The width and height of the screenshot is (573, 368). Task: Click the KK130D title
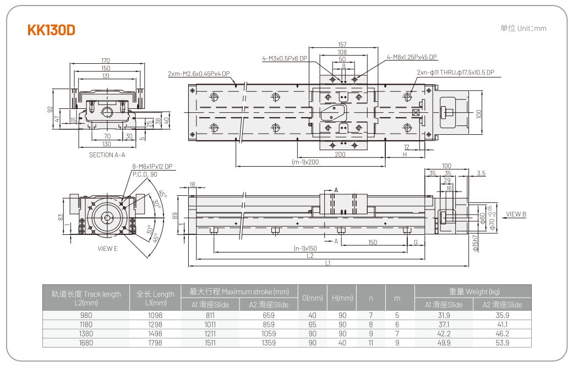pos(51,30)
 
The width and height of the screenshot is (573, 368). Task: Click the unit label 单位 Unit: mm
pos(523,28)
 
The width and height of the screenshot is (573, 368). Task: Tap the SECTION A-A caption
pos(107,155)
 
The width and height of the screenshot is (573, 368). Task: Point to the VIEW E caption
pos(107,249)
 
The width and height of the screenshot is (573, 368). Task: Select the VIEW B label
pos(516,214)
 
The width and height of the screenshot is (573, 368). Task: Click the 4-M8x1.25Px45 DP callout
pos(412,57)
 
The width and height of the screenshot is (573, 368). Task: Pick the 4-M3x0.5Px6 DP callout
pos(285,58)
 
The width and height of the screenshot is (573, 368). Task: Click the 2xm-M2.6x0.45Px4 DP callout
pos(199,73)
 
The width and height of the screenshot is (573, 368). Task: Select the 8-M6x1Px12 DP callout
pos(151,167)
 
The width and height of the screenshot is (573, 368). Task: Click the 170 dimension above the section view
pos(106,61)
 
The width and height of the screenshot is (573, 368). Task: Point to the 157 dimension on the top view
pos(342,45)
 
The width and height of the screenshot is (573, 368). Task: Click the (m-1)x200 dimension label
pos(305,162)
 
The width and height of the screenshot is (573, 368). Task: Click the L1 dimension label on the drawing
pos(328,263)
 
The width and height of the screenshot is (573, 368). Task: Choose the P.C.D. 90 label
pos(145,174)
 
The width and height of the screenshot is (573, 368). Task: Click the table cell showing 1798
pos(155,343)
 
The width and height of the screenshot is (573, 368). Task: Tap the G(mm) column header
pos(313,298)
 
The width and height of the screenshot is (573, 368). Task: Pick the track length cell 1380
pos(86,333)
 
